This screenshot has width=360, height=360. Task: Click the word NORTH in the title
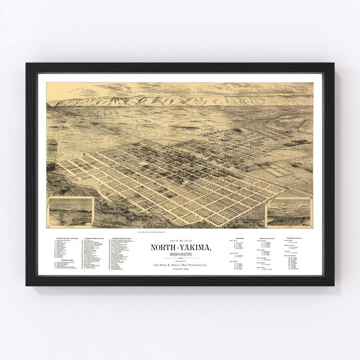click(162, 247)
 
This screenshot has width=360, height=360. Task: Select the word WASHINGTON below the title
click(179, 254)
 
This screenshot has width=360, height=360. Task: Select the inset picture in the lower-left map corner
click(70, 211)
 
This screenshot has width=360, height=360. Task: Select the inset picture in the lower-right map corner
click(289, 212)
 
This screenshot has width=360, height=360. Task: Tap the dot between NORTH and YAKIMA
click(176, 247)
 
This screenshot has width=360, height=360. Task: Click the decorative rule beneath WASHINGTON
click(179, 258)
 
